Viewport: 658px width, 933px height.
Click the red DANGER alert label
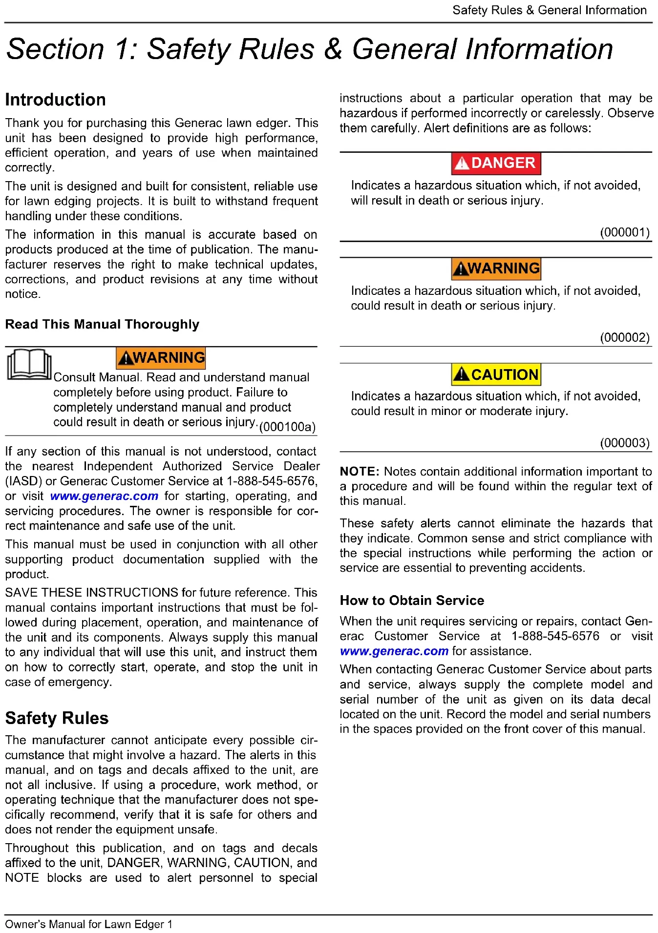pyautogui.click(x=496, y=163)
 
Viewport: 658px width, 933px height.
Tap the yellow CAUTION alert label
pyautogui.click(x=496, y=374)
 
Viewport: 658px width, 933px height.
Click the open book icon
pyautogui.click(x=29, y=365)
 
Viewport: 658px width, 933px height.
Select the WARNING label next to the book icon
pyautogui.click(x=161, y=357)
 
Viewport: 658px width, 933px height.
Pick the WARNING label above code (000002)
pyautogui.click(x=496, y=269)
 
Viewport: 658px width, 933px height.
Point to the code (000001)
pyautogui.click(x=625, y=232)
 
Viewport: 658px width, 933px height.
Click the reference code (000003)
pyautogui.click(x=625, y=443)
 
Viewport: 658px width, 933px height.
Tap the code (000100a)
pyautogui.click(x=287, y=427)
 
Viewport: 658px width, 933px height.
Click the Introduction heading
pyautogui.click(x=55, y=100)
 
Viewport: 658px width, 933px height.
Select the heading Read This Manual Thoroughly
pyautogui.click(x=102, y=324)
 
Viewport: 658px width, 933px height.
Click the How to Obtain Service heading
pyautogui.click(x=412, y=600)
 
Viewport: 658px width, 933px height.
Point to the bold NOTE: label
pyautogui.click(x=360, y=472)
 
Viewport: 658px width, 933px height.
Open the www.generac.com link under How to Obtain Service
pyautogui.click(x=394, y=651)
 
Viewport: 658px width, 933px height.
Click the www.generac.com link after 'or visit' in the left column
pyautogui.click(x=104, y=496)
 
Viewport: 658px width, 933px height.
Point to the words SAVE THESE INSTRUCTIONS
pyautogui.click(x=91, y=593)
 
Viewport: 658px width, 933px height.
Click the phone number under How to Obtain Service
pyautogui.click(x=555, y=636)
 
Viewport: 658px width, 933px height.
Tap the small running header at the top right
pyautogui.click(x=549, y=10)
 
